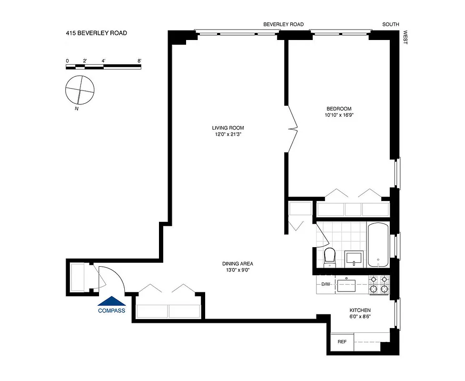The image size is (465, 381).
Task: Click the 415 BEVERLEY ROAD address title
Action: pyautogui.click(x=96, y=33)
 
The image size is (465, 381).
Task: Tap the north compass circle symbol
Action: pyautogui.click(x=79, y=90)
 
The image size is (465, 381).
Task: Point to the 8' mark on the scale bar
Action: pyautogui.click(x=139, y=61)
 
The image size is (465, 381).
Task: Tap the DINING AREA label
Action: pyautogui.click(x=237, y=264)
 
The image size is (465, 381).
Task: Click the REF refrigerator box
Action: pyautogui.click(x=342, y=342)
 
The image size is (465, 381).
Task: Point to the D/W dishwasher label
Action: pyautogui.click(x=326, y=284)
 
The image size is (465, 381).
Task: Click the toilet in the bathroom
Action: pyautogui.click(x=329, y=258)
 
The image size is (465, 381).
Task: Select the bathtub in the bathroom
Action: pyautogui.click(x=378, y=245)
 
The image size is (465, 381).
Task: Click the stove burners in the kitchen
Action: pyautogui.click(x=379, y=284)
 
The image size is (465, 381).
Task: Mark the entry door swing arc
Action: pyautogui.click(x=112, y=279)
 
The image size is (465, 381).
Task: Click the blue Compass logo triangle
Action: pyautogui.click(x=111, y=301)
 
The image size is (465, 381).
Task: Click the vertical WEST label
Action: pyautogui.click(x=406, y=38)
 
